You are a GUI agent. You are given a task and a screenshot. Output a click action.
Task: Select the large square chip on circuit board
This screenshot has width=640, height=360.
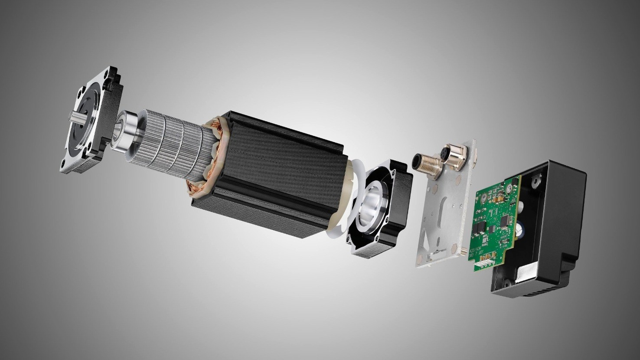[505, 222]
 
